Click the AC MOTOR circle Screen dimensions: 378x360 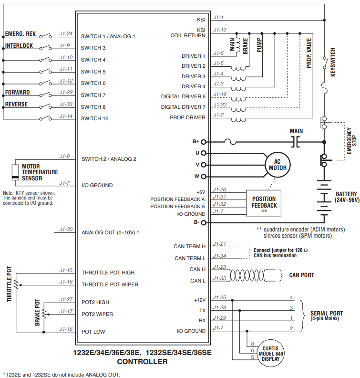(278, 165)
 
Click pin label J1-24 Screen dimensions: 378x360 (66, 33)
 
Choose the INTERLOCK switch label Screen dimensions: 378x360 (19, 46)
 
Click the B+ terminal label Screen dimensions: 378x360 (196, 141)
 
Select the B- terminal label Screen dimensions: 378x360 (196, 222)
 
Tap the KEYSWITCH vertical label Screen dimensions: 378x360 (333, 62)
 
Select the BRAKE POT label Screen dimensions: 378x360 (38, 313)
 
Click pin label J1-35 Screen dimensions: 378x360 (219, 278)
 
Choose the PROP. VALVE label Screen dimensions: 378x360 (309, 53)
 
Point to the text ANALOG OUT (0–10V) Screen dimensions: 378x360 (109, 232)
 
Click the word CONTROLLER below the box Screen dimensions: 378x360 (142, 362)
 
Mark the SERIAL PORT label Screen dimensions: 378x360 (326, 313)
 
